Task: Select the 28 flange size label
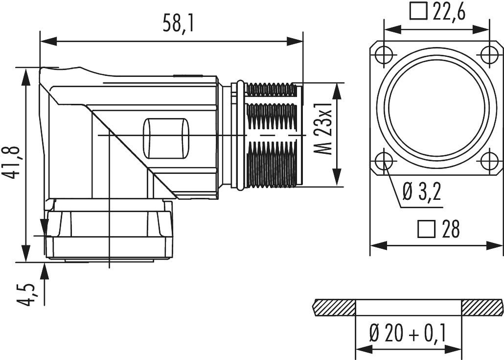point(450,229)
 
